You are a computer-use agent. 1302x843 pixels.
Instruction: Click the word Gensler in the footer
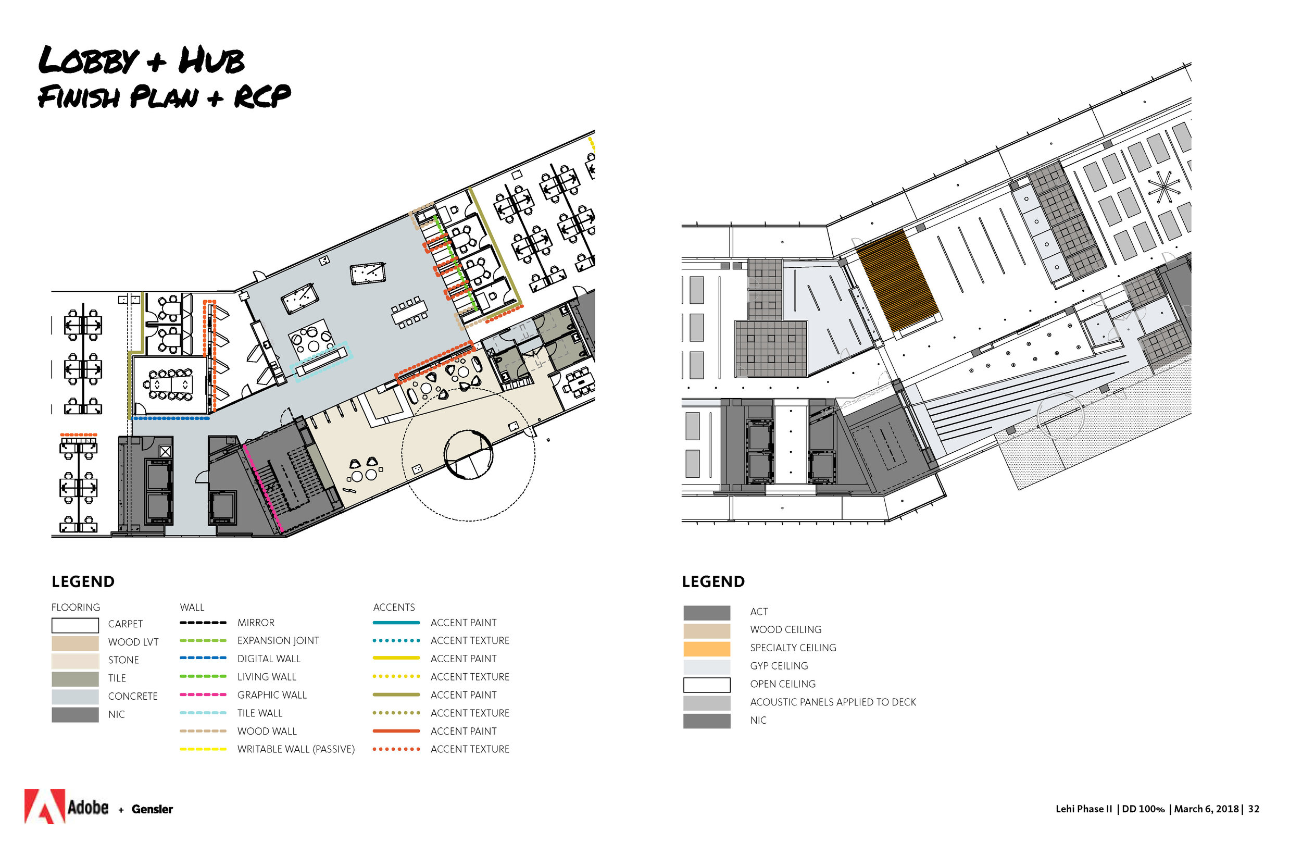pyautogui.click(x=152, y=810)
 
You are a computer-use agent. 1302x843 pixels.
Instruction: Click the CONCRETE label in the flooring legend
pyautogui.click(x=133, y=696)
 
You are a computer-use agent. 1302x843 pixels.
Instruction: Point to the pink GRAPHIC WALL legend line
pyautogui.click(x=203, y=695)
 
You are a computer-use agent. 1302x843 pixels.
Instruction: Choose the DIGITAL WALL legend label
pyautogui.click(x=269, y=659)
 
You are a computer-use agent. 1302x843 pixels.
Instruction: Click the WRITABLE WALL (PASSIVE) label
pyautogui.click(x=296, y=749)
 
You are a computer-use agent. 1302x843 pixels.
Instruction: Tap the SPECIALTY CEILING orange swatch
pyautogui.click(x=707, y=649)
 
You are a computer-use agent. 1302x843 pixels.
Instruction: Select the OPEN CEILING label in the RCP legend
pyautogui.click(x=783, y=684)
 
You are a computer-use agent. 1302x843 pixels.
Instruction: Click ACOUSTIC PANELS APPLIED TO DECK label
pyautogui.click(x=833, y=702)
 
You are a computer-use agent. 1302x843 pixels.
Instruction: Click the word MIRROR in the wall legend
pyautogui.click(x=256, y=623)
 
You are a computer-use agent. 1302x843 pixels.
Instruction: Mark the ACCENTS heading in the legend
pyautogui.click(x=394, y=608)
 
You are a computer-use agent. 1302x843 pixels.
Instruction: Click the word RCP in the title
pyautogui.click(x=262, y=97)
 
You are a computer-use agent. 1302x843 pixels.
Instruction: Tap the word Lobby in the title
pyautogui.click(x=89, y=60)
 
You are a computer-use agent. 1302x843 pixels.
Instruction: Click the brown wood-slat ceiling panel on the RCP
pyautogui.click(x=897, y=280)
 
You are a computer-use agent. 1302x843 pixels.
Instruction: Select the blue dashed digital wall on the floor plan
pyautogui.click(x=171, y=418)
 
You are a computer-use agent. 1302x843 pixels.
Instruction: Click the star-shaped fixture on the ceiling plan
pyautogui.click(x=1163, y=187)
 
